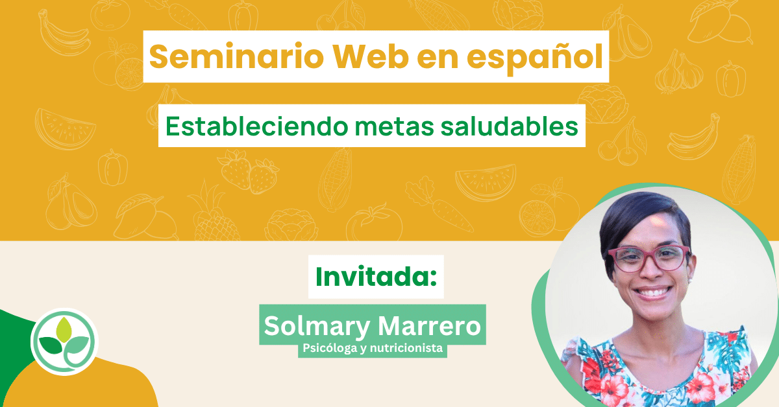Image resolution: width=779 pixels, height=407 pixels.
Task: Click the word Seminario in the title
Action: tap(236, 56)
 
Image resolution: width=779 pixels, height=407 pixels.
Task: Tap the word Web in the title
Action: tap(371, 56)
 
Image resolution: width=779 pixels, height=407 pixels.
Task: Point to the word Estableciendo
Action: tap(256, 126)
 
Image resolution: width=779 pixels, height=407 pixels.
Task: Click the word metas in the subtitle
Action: tap(395, 127)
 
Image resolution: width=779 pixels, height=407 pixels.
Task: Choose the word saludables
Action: tap(510, 126)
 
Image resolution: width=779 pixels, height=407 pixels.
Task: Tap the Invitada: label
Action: tap(376, 277)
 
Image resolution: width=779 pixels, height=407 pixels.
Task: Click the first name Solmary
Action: tap(317, 327)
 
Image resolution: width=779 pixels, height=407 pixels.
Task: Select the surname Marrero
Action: tap(429, 326)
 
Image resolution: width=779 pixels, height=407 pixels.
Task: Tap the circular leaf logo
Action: tap(64, 342)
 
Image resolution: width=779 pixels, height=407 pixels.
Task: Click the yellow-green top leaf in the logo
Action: tap(64, 330)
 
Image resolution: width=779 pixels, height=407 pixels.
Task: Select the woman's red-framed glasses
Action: tap(649, 259)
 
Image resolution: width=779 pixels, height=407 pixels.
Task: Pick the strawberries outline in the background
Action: tap(248, 172)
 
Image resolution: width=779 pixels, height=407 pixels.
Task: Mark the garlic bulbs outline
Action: tap(678, 73)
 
